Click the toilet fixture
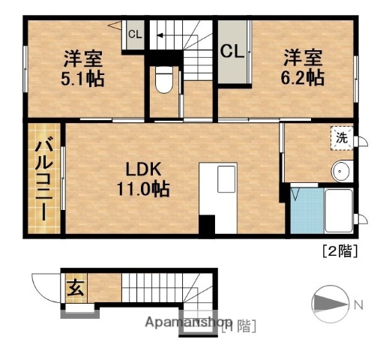(163, 80)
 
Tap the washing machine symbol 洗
(341, 137)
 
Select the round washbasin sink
(342, 170)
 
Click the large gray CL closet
(232, 52)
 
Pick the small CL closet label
(135, 34)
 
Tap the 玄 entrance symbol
(77, 286)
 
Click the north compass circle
(328, 303)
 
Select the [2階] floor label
(339, 250)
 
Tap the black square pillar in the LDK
(206, 224)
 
